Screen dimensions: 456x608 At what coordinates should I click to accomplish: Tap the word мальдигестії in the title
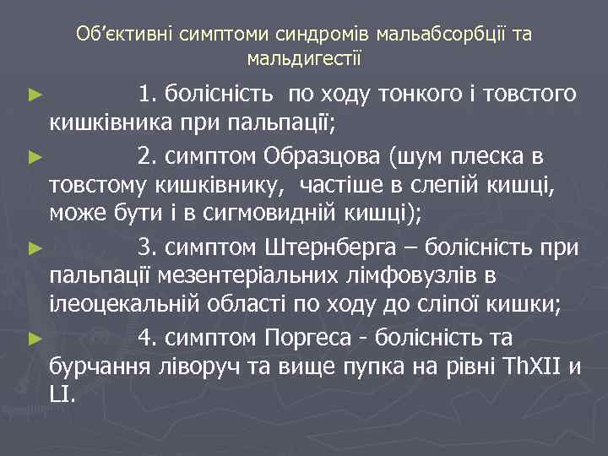point(304,58)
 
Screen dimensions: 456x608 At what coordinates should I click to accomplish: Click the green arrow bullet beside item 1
point(35,94)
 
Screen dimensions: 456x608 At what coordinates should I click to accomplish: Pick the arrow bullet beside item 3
point(35,248)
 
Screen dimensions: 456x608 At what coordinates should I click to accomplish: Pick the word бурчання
point(101,367)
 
